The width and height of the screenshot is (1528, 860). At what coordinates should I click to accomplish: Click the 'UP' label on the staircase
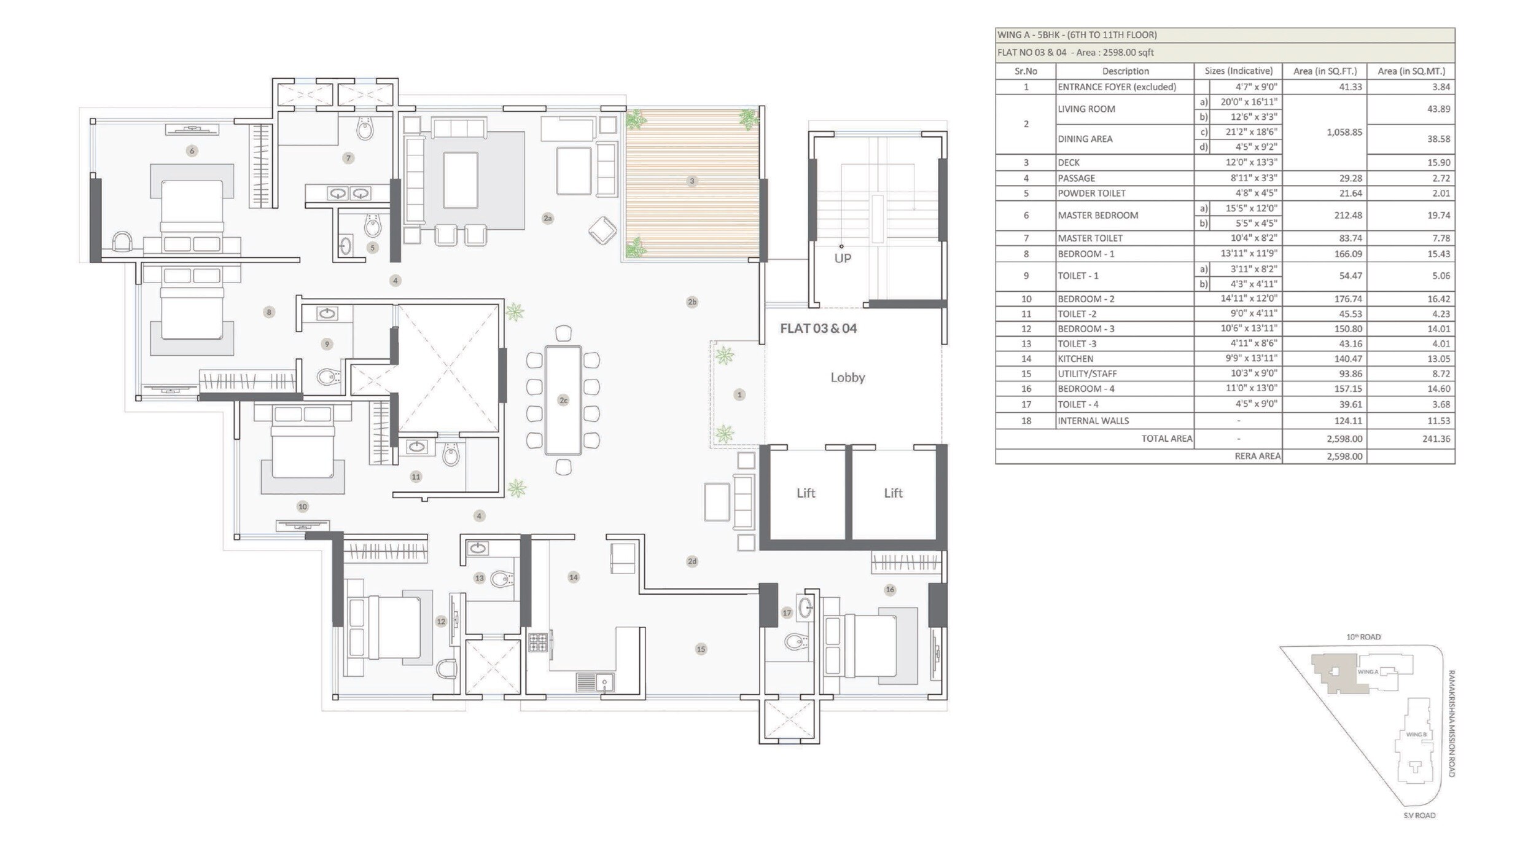point(843,259)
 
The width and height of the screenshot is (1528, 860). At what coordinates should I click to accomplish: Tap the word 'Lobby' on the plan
point(848,378)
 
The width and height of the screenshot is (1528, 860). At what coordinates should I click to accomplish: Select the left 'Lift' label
point(806,493)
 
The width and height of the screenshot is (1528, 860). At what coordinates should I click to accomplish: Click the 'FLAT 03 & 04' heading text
point(818,329)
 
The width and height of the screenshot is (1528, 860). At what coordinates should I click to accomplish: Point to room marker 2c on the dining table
point(563,401)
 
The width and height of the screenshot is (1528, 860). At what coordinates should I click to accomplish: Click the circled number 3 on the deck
point(692,181)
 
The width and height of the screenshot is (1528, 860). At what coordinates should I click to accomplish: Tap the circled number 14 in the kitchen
point(573,577)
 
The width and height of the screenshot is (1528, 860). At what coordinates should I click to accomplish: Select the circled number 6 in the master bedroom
point(192,150)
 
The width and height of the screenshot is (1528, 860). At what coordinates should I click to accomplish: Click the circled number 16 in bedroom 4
point(890,590)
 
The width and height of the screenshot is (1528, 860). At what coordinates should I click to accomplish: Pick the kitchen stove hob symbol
point(538,643)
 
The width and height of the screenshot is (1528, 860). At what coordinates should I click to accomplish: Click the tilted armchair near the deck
point(602,230)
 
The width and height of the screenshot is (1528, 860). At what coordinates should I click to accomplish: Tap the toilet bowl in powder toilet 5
point(373,225)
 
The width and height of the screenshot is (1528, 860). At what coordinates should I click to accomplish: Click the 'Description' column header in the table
point(1125,71)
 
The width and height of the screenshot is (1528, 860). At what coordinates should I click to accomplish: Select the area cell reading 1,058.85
point(1344,132)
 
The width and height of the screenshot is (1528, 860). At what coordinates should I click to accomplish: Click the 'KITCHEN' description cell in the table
point(1075,359)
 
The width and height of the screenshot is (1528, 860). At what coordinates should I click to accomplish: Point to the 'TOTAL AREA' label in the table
point(1166,439)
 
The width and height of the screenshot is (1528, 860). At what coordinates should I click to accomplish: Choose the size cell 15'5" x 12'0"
point(1251,208)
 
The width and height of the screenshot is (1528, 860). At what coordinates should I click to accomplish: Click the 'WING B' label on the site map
point(1416,735)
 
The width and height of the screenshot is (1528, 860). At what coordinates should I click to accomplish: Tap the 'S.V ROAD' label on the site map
point(1419,816)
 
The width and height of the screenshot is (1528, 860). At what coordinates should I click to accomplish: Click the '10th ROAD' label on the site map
point(1363,637)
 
